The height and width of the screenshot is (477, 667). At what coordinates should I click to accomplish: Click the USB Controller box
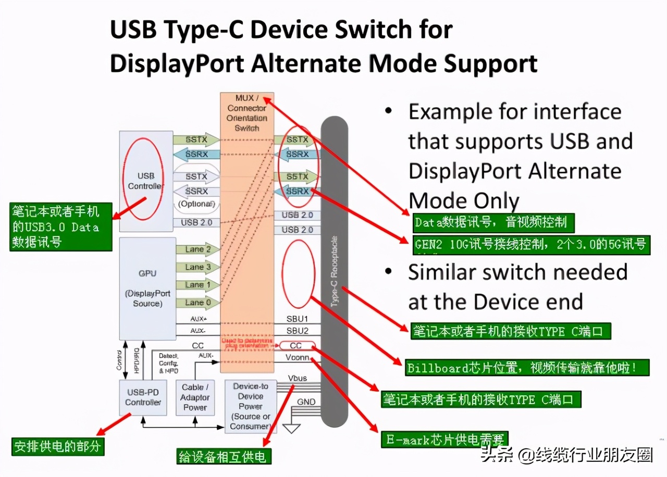[x=146, y=181]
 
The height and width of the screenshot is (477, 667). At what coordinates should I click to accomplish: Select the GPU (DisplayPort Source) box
[x=147, y=288]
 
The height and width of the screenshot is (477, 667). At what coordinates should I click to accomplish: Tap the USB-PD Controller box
[x=143, y=397]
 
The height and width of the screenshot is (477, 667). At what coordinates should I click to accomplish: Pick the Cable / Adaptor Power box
[x=195, y=397]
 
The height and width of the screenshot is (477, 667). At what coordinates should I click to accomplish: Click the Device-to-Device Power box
[x=250, y=406]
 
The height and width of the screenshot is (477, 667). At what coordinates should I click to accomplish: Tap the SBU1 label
[x=298, y=318]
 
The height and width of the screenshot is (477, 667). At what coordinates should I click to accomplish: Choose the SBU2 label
[x=298, y=331]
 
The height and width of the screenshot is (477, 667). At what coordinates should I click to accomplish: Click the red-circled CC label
[x=296, y=346]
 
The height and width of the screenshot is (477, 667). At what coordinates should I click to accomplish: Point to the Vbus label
[x=298, y=378]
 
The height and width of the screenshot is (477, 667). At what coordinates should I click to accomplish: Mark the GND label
[x=306, y=402]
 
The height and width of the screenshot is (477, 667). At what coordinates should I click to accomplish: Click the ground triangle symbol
[x=292, y=428]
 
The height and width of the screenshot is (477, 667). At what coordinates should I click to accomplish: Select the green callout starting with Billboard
[x=527, y=368]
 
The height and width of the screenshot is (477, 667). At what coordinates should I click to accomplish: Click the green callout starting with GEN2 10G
[x=532, y=244]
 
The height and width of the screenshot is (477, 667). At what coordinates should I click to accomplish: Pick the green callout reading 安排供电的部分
[x=57, y=446]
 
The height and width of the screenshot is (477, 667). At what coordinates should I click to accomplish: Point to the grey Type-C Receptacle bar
[x=334, y=271]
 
